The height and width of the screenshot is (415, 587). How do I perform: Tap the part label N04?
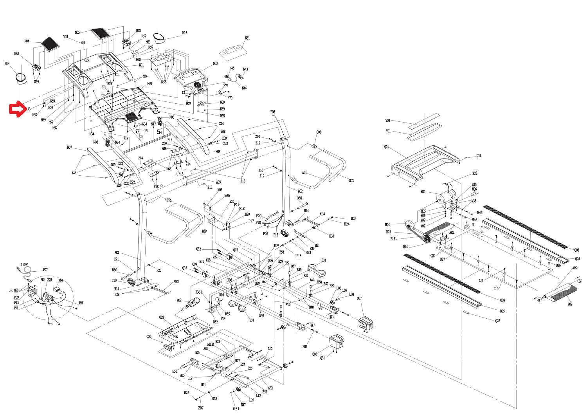click(x=27, y=41)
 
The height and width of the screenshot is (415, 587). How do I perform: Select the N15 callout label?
click(x=184, y=33)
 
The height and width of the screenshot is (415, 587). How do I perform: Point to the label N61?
click(x=247, y=38)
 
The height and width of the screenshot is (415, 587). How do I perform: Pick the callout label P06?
click(x=273, y=112)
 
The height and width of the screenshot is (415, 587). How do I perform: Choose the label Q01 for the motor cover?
click(x=386, y=147)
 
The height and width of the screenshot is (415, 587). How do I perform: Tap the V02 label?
click(x=388, y=121)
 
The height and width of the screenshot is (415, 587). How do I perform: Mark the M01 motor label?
click(x=423, y=191)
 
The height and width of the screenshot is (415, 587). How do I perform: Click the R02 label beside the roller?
click(x=570, y=304)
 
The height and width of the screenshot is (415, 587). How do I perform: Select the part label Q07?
click(x=359, y=298)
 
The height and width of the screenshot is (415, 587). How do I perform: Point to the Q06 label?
click(x=315, y=354)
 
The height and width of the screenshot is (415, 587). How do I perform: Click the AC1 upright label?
click(x=117, y=253)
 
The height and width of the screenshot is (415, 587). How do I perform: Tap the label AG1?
click(x=304, y=173)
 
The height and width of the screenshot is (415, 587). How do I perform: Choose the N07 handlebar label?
click(x=70, y=148)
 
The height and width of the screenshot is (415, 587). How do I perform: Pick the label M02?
click(x=179, y=300)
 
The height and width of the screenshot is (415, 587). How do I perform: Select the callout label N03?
click(x=215, y=63)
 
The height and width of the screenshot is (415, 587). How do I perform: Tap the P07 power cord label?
click(x=45, y=270)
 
